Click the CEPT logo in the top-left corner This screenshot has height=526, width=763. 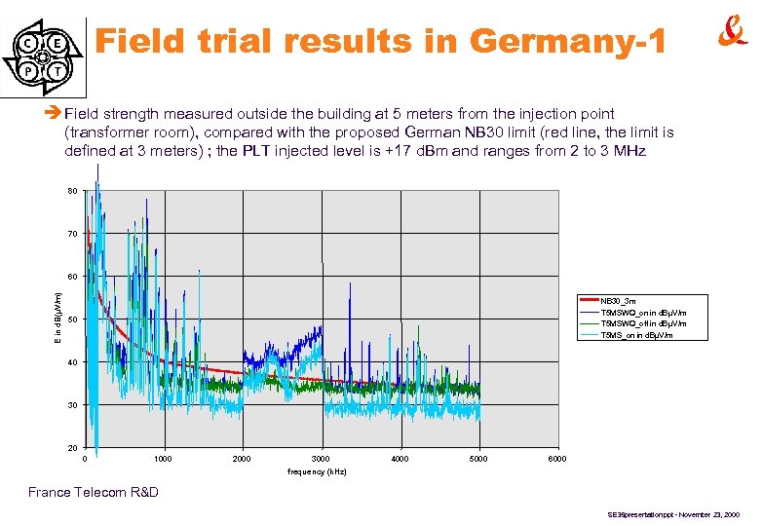(44, 56)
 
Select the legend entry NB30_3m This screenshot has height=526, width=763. (618, 301)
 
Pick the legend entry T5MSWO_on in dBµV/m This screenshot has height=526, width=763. (643, 312)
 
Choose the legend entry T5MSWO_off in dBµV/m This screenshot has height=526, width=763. (643, 322)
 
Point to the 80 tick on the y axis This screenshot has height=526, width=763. (73, 191)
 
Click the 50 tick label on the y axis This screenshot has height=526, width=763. (73, 319)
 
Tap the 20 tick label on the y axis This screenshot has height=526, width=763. (73, 448)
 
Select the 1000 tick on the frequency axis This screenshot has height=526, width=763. (164, 459)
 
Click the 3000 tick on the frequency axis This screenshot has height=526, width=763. (322, 459)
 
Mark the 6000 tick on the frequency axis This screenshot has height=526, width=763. (556, 459)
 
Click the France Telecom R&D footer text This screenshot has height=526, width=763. (94, 492)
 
